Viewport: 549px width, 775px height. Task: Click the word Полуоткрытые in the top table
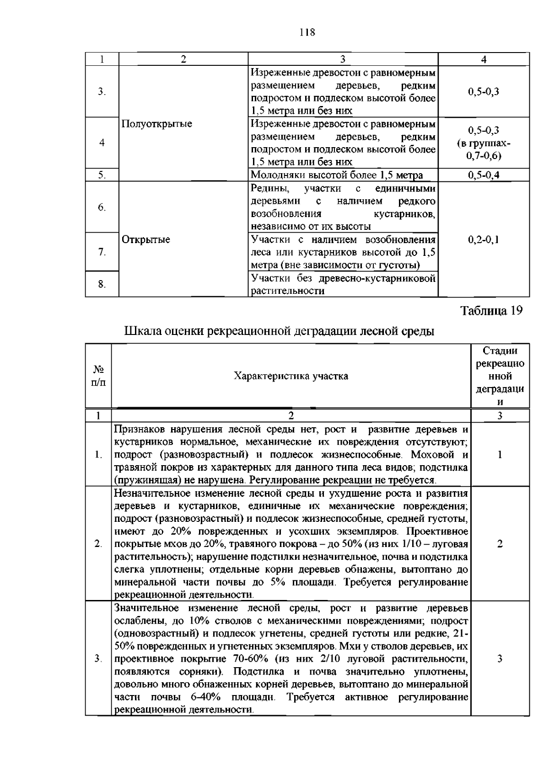(156, 124)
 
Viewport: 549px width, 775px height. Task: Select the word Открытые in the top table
(146, 239)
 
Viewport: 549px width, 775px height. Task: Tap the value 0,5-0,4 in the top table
(484, 175)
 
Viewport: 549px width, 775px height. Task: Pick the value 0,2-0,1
(484, 239)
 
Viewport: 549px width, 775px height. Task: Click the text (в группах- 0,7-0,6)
(484, 149)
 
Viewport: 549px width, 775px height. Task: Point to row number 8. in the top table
(102, 284)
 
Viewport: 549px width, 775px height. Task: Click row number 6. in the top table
(102, 207)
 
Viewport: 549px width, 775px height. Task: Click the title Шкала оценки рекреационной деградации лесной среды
(279, 331)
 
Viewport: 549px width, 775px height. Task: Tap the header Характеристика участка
(291, 376)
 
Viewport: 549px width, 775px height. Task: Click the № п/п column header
(98, 376)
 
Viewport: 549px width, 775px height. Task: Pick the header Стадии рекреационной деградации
(500, 376)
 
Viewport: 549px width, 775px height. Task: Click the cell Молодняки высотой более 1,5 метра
(337, 175)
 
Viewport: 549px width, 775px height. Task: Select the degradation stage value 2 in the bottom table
(500, 544)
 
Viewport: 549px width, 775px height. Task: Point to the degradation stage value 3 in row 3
(500, 658)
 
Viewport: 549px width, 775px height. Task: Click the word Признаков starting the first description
(139, 430)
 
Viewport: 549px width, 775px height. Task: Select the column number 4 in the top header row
(484, 59)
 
